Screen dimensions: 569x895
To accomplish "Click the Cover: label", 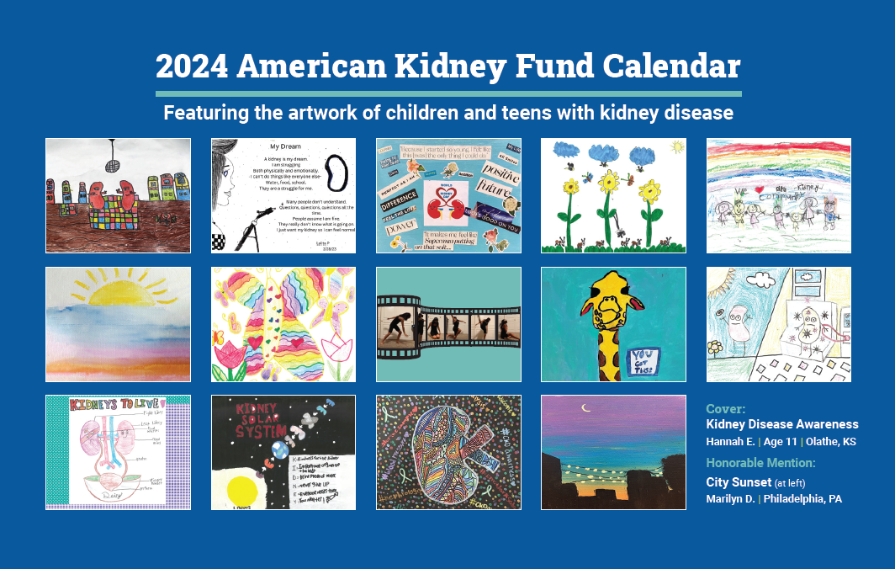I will (x=725, y=409).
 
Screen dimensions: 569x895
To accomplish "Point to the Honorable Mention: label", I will (x=760, y=463).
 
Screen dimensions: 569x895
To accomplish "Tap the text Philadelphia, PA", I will (x=802, y=499).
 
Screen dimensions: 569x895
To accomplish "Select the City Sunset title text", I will (x=738, y=482).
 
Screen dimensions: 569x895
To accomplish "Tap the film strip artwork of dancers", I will (x=448, y=324).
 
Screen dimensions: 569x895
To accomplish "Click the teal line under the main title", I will (x=448, y=93).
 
